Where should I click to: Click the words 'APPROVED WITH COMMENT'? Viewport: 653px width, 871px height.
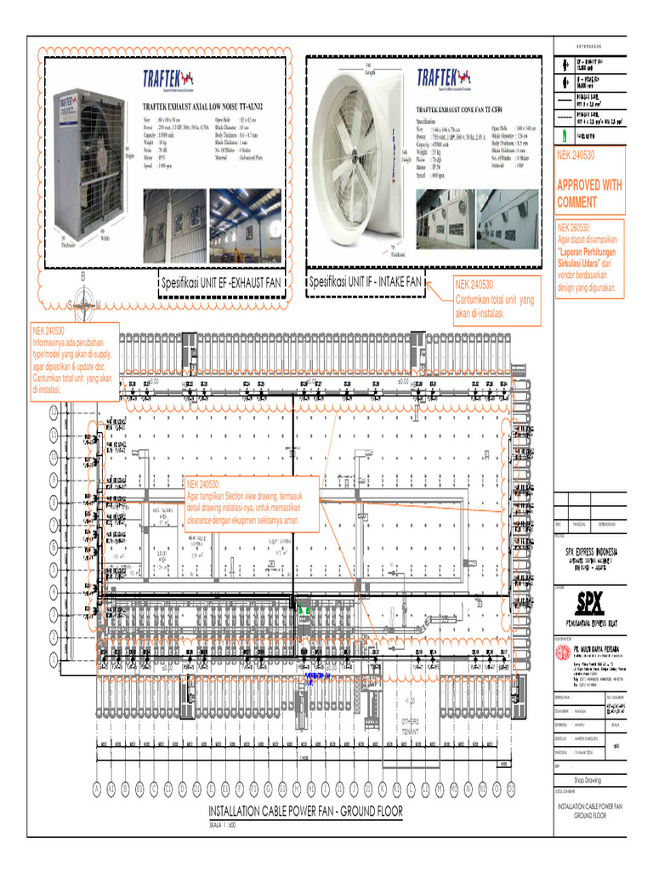click(588, 193)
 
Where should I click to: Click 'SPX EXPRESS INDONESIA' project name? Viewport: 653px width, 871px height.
click(592, 552)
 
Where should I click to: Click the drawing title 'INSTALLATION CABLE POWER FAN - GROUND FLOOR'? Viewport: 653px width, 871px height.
click(304, 812)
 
